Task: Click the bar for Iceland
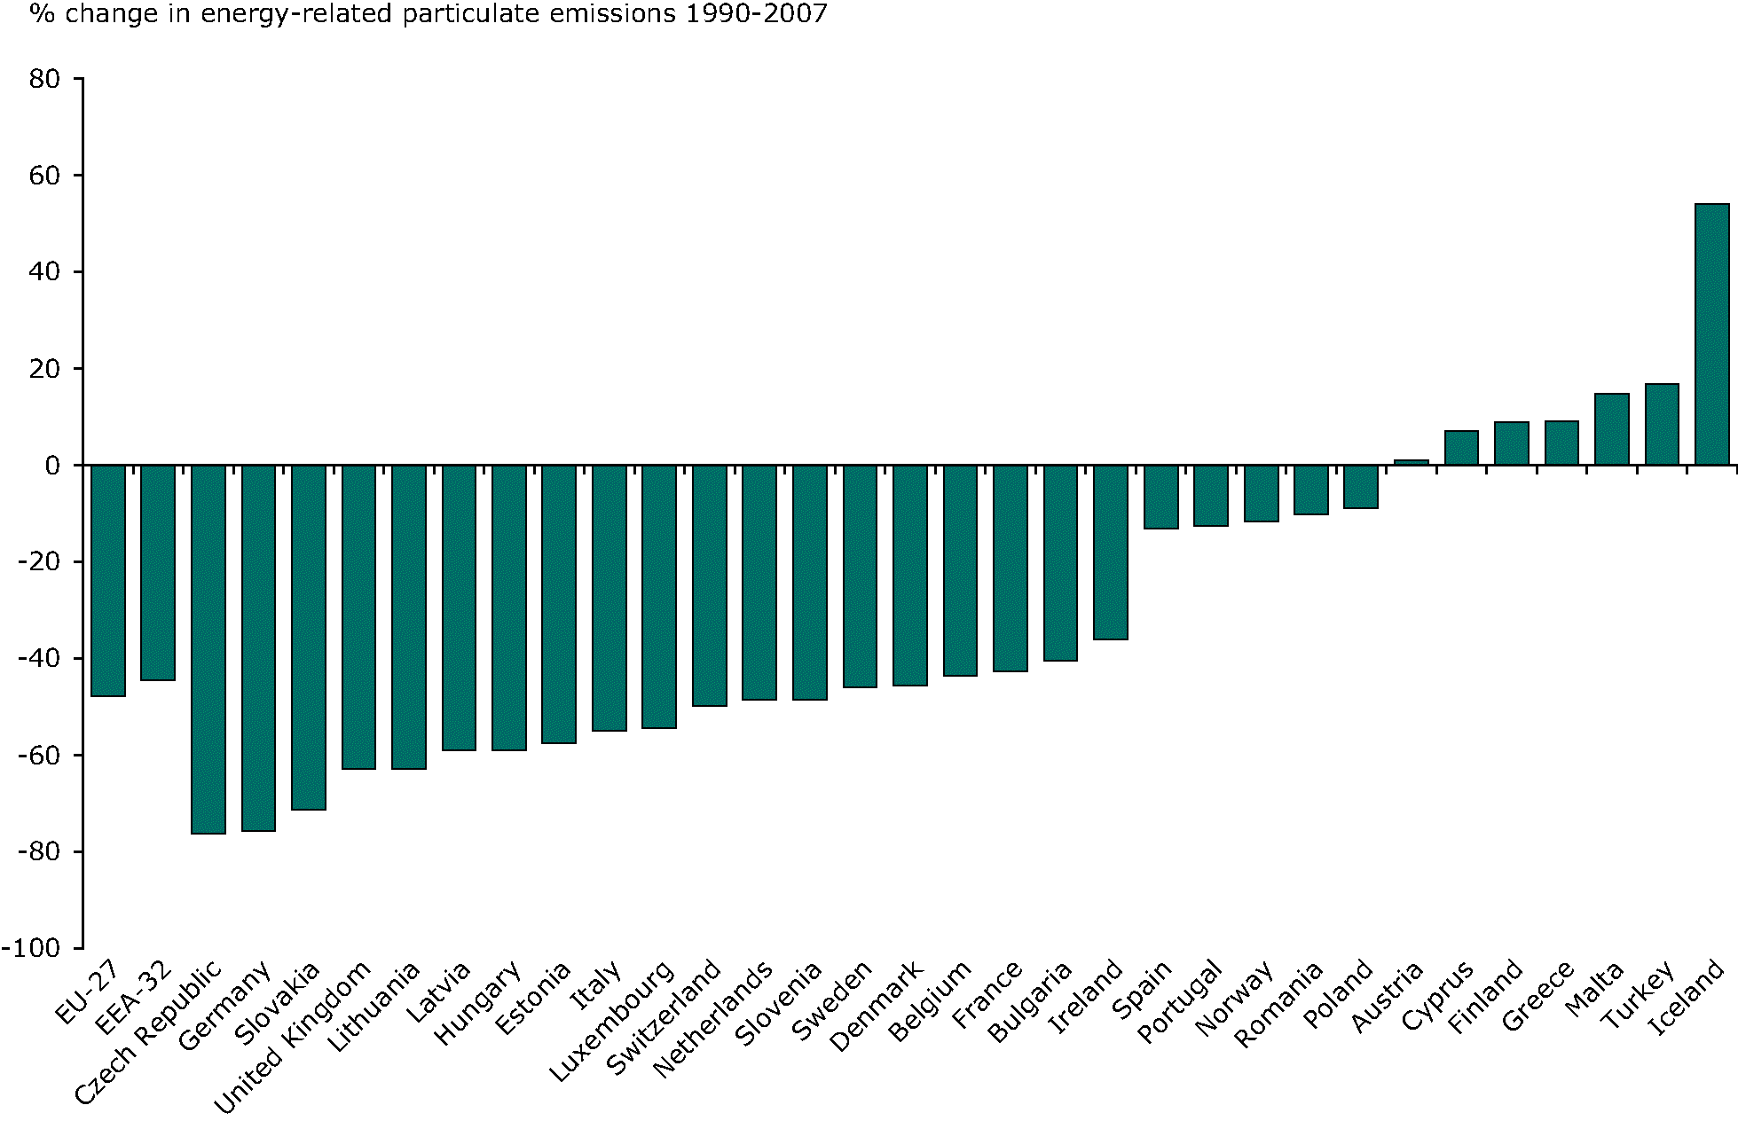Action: pyautogui.click(x=1712, y=334)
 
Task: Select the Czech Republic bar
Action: pyautogui.click(x=208, y=649)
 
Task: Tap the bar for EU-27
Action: pyautogui.click(x=108, y=581)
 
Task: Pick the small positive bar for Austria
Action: pyautogui.click(x=1412, y=462)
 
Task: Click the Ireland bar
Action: pyautogui.click(x=1111, y=552)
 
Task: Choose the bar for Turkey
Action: pyautogui.click(x=1662, y=425)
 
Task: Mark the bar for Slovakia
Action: pyautogui.click(x=309, y=637)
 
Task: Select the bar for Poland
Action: pyautogui.click(x=1361, y=487)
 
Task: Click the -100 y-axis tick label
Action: pyautogui.click(x=32, y=948)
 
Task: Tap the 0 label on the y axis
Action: pyautogui.click(x=52, y=466)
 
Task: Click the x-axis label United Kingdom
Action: pyautogui.click(x=293, y=1038)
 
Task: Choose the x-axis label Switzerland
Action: pyautogui.click(x=664, y=1017)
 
